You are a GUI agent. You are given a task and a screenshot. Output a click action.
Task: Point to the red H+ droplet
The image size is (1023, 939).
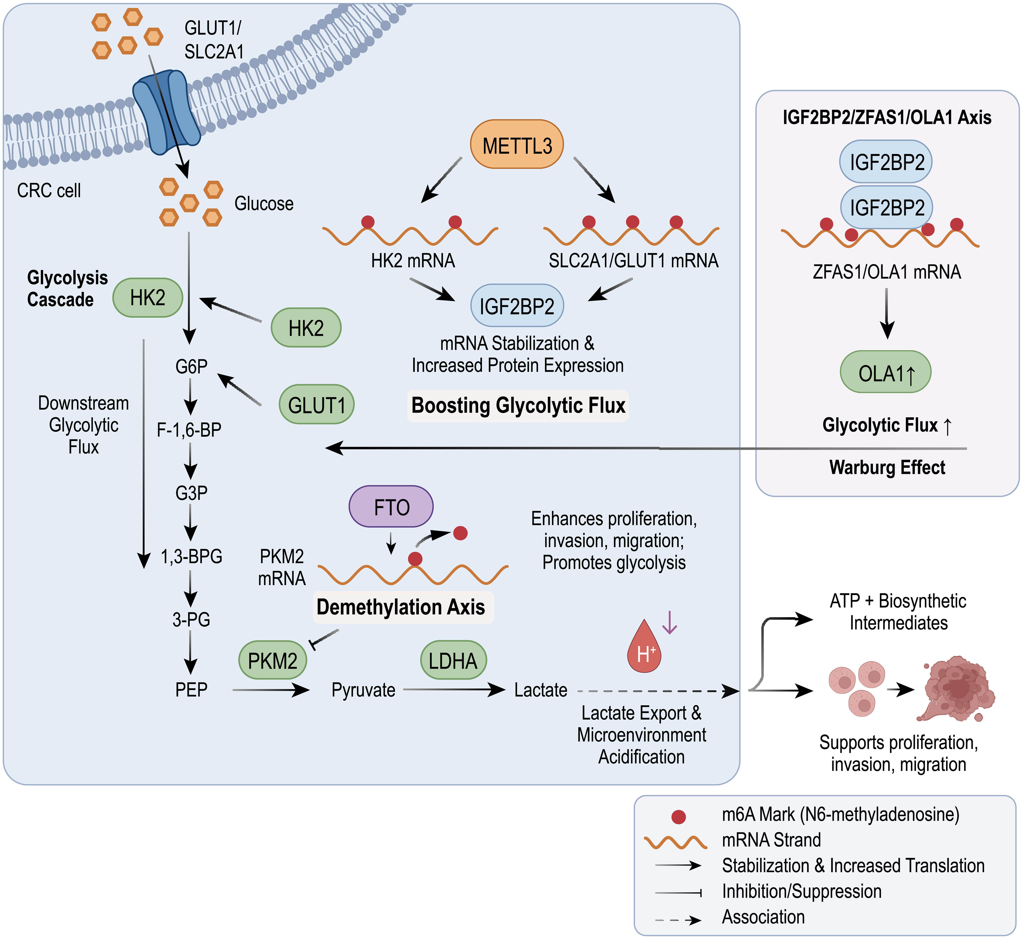[x=644, y=648]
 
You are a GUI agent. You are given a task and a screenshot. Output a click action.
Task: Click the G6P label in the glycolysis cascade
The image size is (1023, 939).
[x=191, y=366]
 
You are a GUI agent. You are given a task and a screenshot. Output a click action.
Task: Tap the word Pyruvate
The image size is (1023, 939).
[x=363, y=690]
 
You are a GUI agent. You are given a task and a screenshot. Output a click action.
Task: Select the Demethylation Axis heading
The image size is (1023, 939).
[x=401, y=607]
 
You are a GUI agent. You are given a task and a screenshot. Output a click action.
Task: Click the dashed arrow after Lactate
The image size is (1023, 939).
[x=658, y=691]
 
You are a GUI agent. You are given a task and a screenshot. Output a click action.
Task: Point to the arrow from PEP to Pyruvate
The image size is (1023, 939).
[x=271, y=690]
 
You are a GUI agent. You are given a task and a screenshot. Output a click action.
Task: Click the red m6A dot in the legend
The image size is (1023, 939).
[x=679, y=817]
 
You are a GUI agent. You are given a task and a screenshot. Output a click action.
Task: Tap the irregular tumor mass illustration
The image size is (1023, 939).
[x=957, y=689]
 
